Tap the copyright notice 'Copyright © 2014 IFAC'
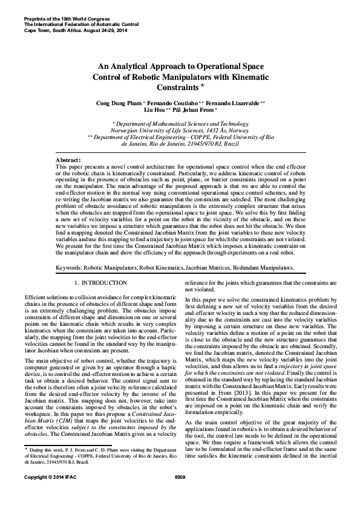pyautogui.click(x=49, y=494)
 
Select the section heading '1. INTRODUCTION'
pyautogui.click(x=100, y=283)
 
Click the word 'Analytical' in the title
pyautogui.click(x=139, y=66)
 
